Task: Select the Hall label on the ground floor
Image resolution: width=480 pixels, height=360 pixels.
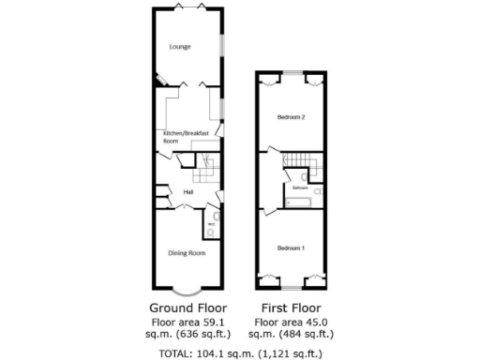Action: click(x=188, y=192)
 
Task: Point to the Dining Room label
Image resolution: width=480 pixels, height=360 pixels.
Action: click(x=187, y=252)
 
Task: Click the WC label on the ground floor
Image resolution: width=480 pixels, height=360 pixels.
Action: click(x=211, y=225)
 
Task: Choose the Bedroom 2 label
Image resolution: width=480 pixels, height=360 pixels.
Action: click(x=291, y=117)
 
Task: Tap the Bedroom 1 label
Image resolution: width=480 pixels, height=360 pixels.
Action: click(x=291, y=247)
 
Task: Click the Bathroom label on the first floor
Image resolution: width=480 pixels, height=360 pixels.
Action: click(x=300, y=188)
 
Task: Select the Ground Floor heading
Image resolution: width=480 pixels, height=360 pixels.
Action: click(x=187, y=307)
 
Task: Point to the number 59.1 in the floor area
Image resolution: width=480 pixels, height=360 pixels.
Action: click(x=213, y=321)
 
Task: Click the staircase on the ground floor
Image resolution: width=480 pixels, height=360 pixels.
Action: click(x=206, y=172)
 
